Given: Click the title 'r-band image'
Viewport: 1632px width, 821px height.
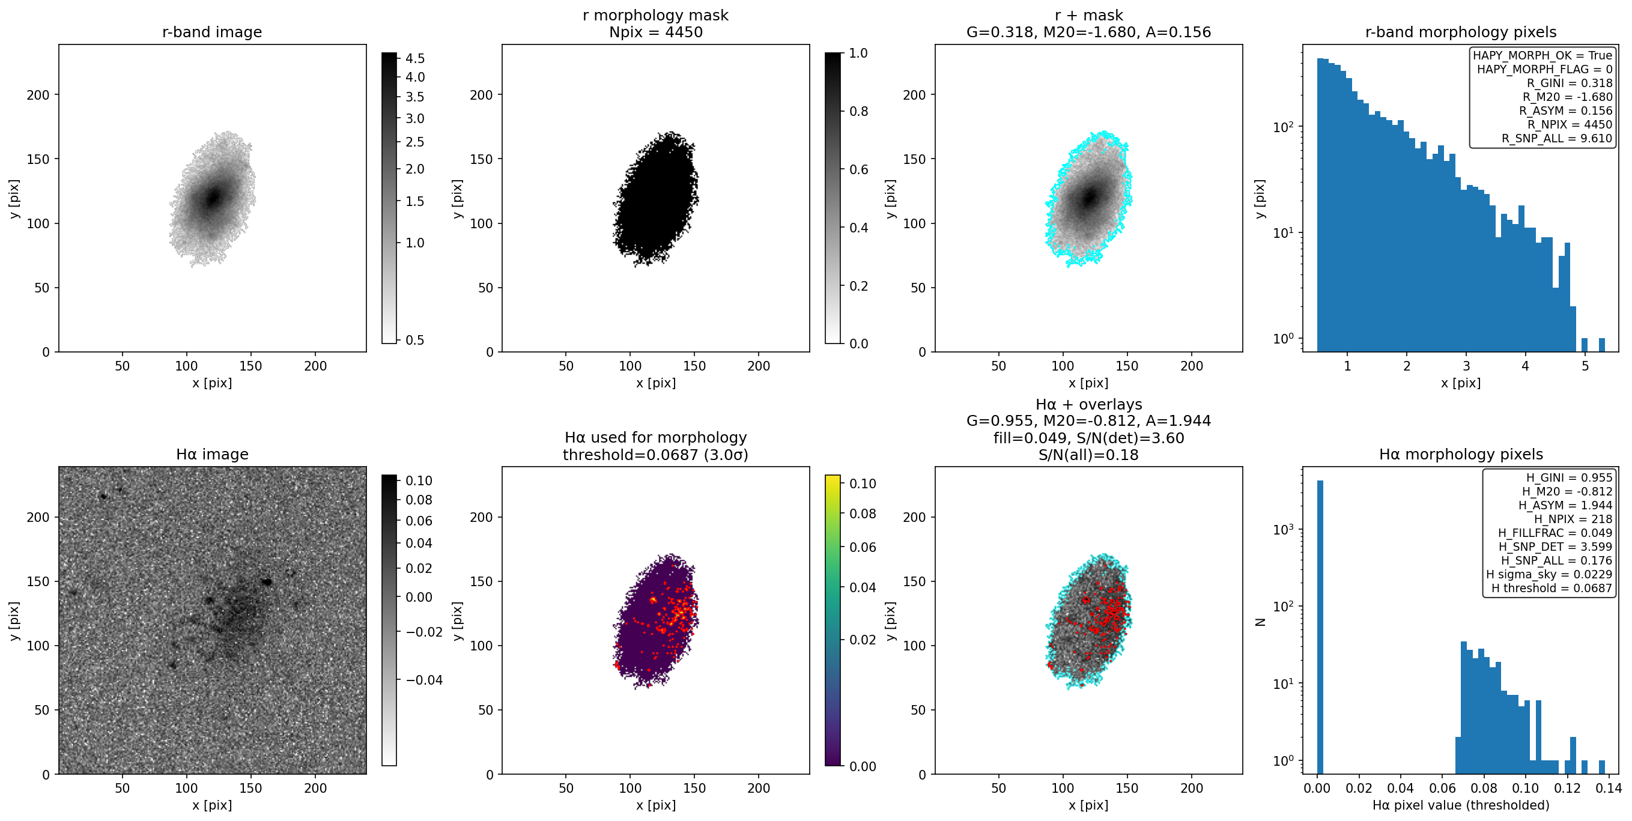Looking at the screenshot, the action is pyautogui.click(x=211, y=32).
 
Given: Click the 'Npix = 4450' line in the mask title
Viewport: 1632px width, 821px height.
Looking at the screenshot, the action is pyautogui.click(x=656, y=32).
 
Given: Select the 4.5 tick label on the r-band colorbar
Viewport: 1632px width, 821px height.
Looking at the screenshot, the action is pyautogui.click(x=415, y=58).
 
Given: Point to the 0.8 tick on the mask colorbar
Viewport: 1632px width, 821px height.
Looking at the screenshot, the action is pyautogui.click(x=858, y=112).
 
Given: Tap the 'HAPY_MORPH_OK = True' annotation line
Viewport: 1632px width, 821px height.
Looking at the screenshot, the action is pyautogui.click(x=1542, y=56).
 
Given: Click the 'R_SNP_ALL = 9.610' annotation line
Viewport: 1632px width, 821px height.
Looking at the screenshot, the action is pyautogui.click(x=1556, y=139).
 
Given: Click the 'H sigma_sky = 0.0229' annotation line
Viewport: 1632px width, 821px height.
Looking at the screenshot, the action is pyautogui.click(x=1549, y=575).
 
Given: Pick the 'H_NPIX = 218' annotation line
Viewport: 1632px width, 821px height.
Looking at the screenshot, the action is pyautogui.click(x=1573, y=520).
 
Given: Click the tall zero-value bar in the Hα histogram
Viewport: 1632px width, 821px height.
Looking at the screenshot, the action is pyautogui.click(x=1320, y=627).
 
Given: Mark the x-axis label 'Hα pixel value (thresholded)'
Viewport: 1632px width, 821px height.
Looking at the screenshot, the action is pyautogui.click(x=1461, y=805).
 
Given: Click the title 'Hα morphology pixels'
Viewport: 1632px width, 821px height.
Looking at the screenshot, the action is pyautogui.click(x=1461, y=454).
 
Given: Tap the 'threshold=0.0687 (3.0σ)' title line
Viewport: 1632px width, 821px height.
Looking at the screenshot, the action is pyautogui.click(x=656, y=455).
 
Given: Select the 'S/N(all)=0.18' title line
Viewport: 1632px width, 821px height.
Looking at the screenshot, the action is pyautogui.click(x=1088, y=455).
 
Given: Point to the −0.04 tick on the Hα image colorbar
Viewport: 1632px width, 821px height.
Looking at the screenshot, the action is pyautogui.click(x=424, y=680).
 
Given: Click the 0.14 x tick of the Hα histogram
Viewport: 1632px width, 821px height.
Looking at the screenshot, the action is pyautogui.click(x=1609, y=788).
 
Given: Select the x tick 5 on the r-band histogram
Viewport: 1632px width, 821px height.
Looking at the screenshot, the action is pyautogui.click(x=1585, y=366).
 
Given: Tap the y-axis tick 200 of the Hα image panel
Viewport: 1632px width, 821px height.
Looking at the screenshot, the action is pyautogui.click(x=38, y=518).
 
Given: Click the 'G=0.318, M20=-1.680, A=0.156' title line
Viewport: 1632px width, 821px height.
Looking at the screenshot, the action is pyautogui.click(x=1088, y=32).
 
